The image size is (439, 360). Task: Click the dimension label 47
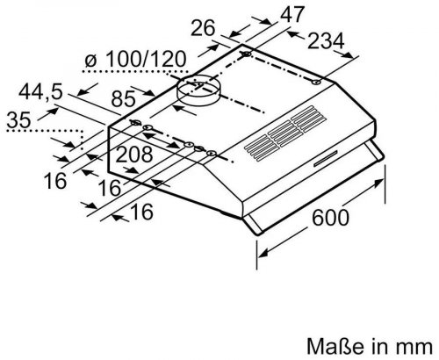coord(292,14)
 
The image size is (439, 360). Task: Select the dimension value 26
coord(203,28)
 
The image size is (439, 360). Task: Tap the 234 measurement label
coord(326,41)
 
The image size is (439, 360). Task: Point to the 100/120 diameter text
coord(145,60)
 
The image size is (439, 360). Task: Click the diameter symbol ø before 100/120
coord(90,61)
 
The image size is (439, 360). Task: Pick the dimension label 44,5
coord(40,91)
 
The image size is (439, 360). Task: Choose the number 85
coord(123,99)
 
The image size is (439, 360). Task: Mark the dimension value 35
coord(18,119)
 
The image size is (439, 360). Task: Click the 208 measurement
coord(134,155)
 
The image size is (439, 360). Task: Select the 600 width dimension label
coord(331,218)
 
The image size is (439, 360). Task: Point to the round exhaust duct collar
coord(198,89)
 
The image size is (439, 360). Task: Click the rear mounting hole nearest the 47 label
coord(247,54)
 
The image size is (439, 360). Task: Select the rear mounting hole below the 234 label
coord(316,83)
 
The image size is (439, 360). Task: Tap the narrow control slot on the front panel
coord(326,158)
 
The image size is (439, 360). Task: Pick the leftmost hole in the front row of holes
coord(135,122)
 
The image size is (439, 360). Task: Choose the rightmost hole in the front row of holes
coord(211,153)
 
